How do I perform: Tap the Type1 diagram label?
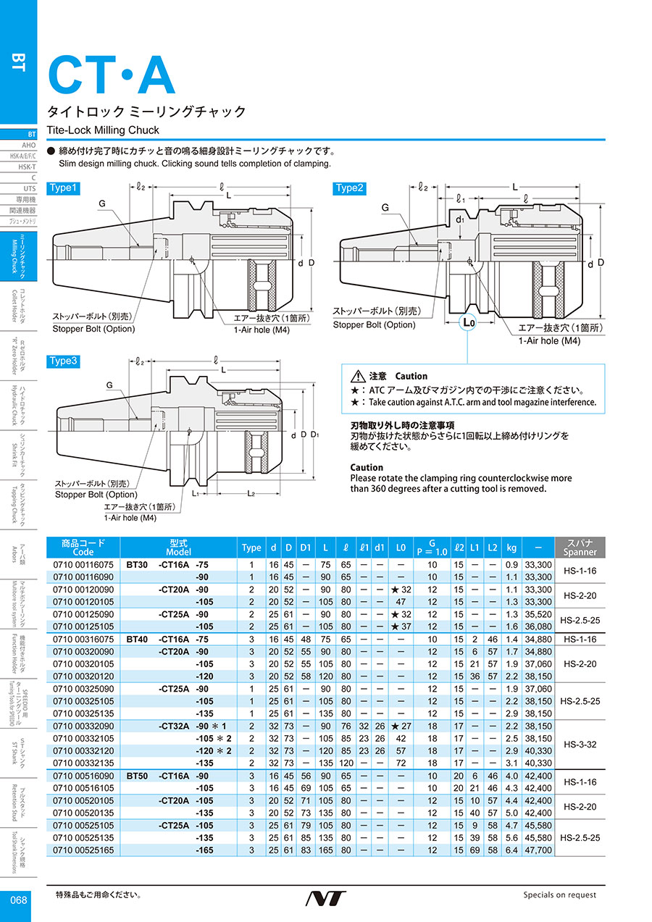pos(62,188)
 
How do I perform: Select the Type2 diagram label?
pos(348,188)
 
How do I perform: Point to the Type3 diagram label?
pos(62,361)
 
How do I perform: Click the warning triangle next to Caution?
pos(357,377)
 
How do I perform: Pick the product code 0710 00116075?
pos(83,564)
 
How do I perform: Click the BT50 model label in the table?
pos(137,775)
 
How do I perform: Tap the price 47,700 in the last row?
pos(538,850)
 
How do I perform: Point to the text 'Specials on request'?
pos(559,895)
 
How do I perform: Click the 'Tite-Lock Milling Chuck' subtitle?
pos(103,130)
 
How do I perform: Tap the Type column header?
pos(251,548)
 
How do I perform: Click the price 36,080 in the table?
pos(538,626)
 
